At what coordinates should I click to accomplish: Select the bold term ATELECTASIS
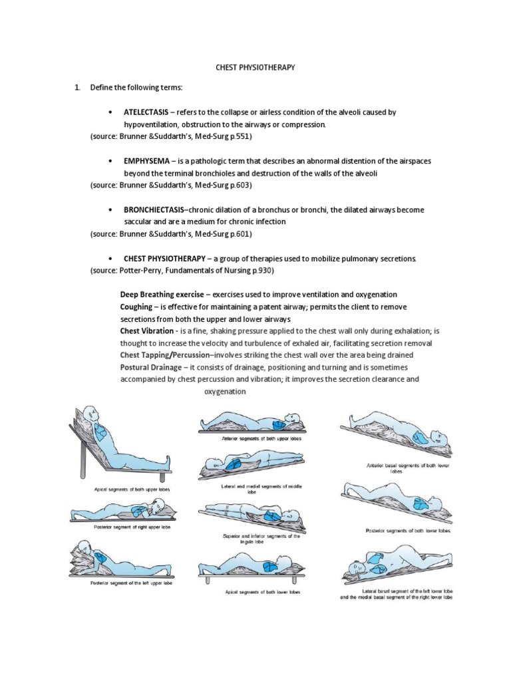point(146,112)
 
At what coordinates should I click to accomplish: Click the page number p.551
point(240,136)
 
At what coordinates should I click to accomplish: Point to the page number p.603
point(240,185)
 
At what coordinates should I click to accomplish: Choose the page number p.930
point(261,271)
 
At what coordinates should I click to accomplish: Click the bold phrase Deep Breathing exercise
point(162,295)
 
